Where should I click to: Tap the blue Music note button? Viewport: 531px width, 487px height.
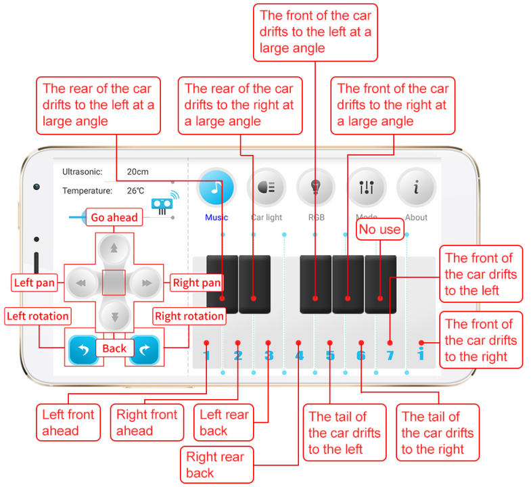point(216,187)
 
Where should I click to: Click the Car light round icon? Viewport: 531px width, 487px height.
point(266,187)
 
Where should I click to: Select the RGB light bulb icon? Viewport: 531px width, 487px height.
point(316,187)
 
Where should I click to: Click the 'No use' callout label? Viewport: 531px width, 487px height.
point(379,229)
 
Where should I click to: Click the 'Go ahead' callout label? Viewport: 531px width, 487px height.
point(114,217)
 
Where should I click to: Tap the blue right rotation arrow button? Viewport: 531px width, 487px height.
point(145,349)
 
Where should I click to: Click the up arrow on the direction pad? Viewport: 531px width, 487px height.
point(114,248)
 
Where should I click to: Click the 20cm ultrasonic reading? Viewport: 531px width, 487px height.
point(138,172)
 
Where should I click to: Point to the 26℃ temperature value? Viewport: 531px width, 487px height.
point(135,191)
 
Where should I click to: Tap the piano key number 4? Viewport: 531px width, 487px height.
point(299,355)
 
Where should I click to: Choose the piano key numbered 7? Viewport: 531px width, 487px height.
point(390,355)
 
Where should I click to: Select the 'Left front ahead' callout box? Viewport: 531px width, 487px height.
point(68,423)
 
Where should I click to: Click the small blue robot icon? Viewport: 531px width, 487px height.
point(162,204)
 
